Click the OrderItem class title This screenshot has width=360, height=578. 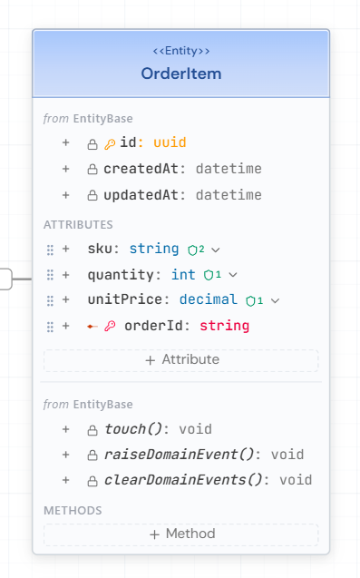(181, 73)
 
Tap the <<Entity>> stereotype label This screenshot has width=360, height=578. (181, 51)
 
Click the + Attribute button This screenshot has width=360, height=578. (181, 359)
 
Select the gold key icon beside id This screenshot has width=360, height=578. (110, 143)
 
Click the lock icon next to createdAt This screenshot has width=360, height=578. (92, 170)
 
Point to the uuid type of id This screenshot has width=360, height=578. (170, 142)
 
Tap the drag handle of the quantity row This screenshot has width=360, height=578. (50, 274)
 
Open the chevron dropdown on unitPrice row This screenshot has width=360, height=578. (275, 300)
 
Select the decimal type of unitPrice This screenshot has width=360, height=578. (209, 299)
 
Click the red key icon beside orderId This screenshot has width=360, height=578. (110, 326)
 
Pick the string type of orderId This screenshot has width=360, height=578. (224, 326)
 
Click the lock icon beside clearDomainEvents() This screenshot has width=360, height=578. (92, 481)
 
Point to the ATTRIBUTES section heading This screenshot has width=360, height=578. (78, 224)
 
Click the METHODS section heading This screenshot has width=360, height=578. (73, 511)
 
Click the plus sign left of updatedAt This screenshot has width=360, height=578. (65, 195)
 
